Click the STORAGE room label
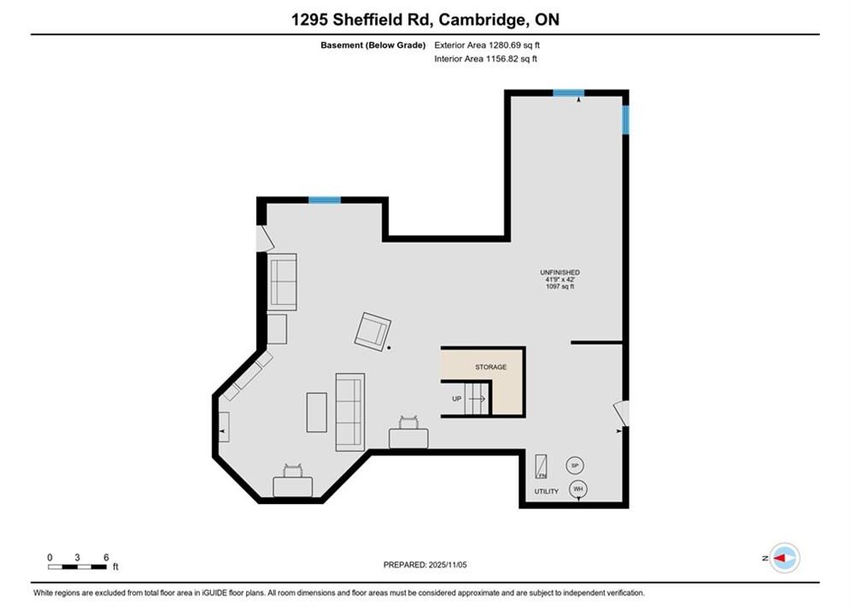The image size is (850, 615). (x=490, y=366)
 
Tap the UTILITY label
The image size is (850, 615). (x=546, y=491)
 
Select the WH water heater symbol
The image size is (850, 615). (x=577, y=489)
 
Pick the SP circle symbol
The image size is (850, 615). (x=575, y=466)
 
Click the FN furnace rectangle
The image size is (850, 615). (x=541, y=466)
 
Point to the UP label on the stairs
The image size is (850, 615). (x=456, y=399)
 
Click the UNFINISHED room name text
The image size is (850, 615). (x=560, y=272)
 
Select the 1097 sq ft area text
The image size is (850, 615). (x=560, y=286)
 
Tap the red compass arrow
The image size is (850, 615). (x=780, y=558)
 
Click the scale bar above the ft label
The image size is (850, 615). (x=77, y=567)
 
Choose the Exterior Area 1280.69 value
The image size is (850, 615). (x=514, y=45)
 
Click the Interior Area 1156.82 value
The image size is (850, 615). (x=511, y=59)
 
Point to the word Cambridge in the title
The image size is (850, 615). (x=484, y=20)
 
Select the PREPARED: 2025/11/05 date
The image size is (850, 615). (x=425, y=565)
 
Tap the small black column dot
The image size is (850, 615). (x=389, y=348)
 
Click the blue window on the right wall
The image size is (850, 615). (x=625, y=120)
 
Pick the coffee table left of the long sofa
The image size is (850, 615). (x=317, y=413)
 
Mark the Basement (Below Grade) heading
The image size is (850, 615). (x=373, y=45)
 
